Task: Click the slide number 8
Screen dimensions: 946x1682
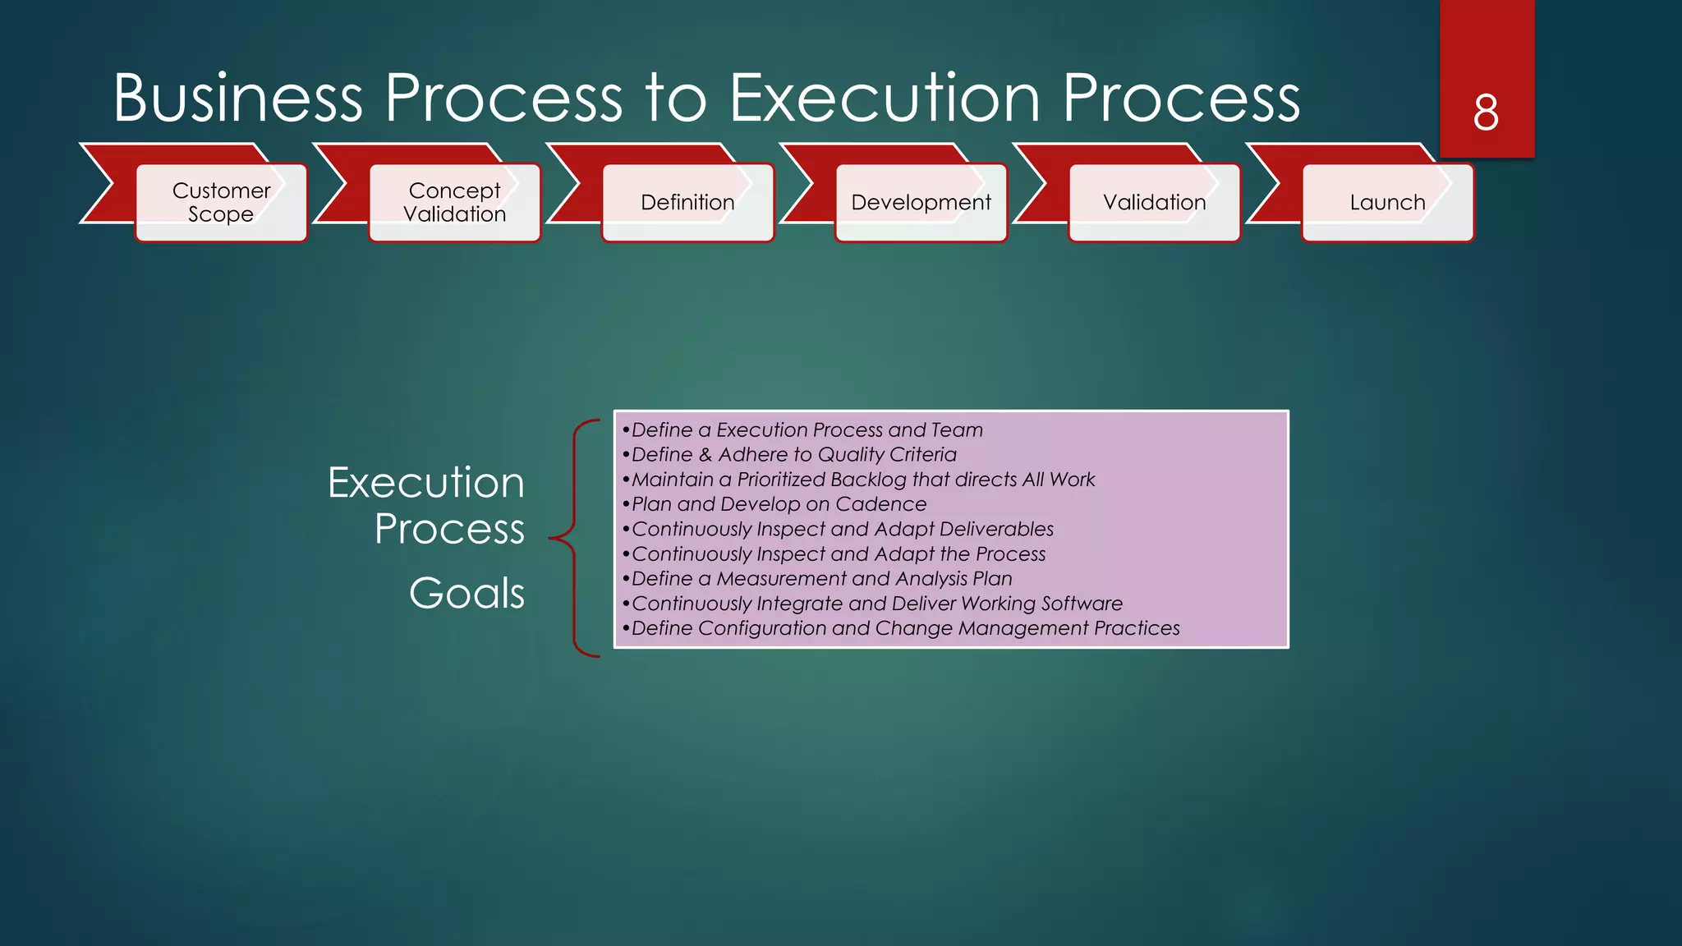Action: pos(1486,113)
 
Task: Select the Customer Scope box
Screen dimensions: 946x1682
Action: pos(221,202)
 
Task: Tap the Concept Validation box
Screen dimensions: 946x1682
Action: pos(454,202)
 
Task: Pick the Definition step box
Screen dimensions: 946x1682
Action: pos(687,202)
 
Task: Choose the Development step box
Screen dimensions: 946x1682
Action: pos(921,202)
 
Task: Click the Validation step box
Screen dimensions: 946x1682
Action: pos(1154,202)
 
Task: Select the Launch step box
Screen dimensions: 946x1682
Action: pos(1387,202)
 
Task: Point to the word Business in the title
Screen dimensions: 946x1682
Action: pos(237,99)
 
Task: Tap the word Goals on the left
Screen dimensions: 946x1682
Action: pos(466,593)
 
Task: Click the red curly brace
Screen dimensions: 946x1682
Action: pos(575,538)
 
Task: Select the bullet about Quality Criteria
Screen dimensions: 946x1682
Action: pos(793,455)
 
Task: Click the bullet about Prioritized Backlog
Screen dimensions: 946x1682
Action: pos(862,480)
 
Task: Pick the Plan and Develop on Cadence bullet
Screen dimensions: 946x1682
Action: pos(779,504)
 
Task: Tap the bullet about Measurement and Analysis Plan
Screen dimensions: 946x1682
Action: pos(821,579)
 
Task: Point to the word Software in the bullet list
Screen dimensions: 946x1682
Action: pos(1082,604)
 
